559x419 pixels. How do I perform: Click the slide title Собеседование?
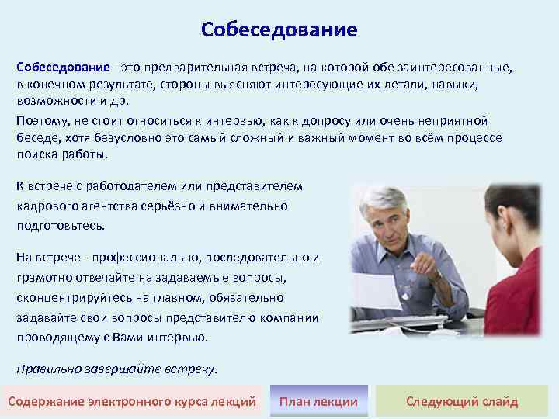click(x=279, y=29)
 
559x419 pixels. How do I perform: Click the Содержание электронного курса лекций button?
click(x=132, y=401)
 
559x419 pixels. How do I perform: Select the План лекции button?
click(x=318, y=401)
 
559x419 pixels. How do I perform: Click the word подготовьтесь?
click(x=60, y=226)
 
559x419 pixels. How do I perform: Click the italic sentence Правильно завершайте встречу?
click(x=116, y=369)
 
